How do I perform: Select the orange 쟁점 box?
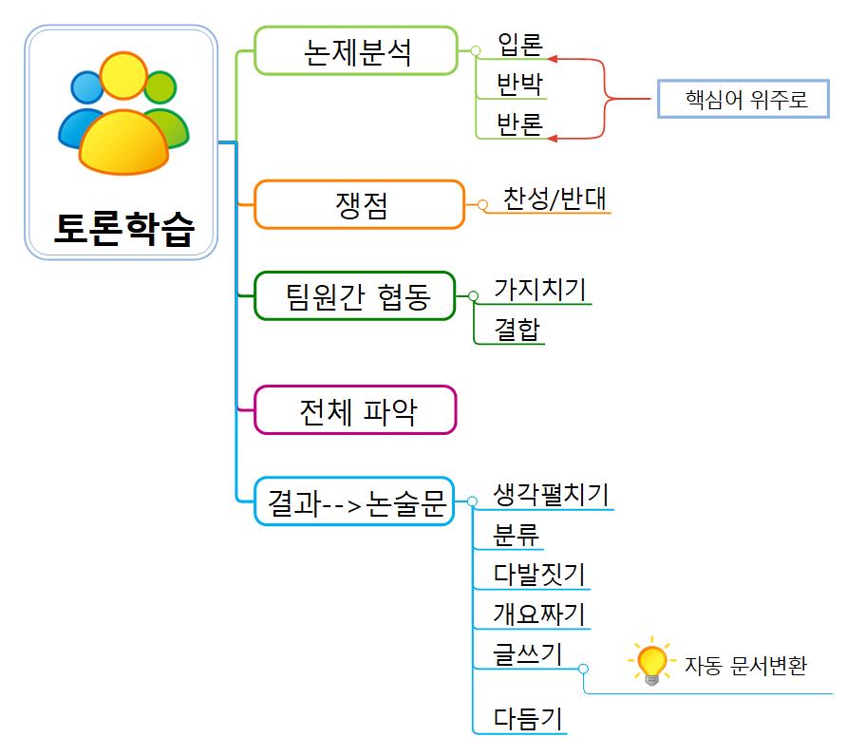point(360,204)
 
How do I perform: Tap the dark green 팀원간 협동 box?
point(356,295)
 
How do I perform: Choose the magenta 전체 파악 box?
point(356,409)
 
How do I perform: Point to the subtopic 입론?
point(519,45)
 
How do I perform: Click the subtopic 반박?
point(519,85)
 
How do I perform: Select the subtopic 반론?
point(519,124)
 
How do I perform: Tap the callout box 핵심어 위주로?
point(744,99)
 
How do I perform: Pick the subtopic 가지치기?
point(539,290)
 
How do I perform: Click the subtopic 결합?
point(517,329)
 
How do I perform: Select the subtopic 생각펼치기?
point(551,495)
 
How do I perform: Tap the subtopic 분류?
point(517,535)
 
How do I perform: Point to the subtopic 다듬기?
point(528,719)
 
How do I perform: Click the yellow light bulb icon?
point(652,663)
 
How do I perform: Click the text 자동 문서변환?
point(745,665)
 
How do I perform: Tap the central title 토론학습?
point(122,229)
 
